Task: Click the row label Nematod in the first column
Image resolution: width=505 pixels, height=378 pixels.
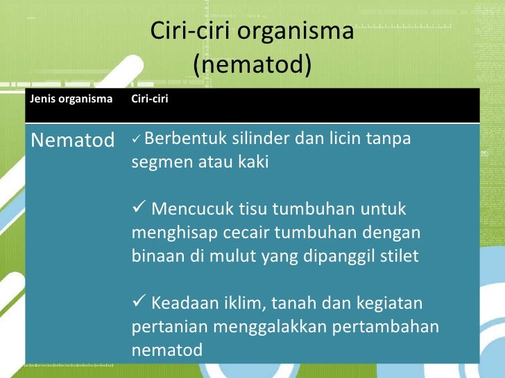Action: pos(73,141)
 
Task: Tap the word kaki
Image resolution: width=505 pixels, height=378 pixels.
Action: pos(252,163)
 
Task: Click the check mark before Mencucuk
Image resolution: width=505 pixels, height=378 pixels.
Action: pos(139,208)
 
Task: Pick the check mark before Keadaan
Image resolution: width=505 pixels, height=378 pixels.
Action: pos(139,303)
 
